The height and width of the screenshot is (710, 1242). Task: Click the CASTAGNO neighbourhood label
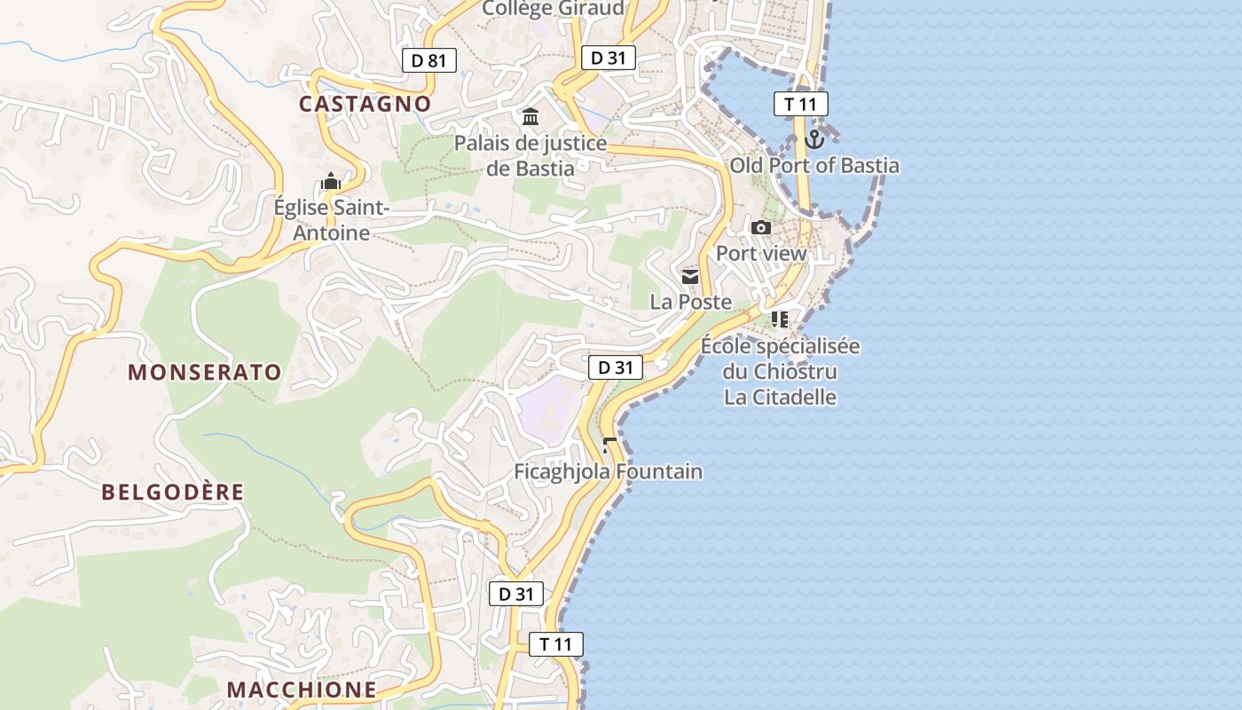click(365, 104)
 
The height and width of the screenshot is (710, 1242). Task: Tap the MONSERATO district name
click(205, 372)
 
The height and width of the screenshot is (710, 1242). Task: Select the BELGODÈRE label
click(172, 492)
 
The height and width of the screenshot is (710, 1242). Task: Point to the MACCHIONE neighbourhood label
click(301, 690)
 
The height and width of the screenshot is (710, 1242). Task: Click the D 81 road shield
click(429, 60)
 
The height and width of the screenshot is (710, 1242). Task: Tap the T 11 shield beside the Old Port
click(800, 104)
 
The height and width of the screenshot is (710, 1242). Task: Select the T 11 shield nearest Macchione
click(556, 644)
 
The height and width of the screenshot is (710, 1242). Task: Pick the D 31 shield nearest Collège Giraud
click(609, 58)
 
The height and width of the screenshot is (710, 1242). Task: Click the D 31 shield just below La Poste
click(616, 367)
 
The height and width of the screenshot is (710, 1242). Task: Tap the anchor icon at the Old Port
click(814, 139)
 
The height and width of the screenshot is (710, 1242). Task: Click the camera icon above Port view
click(761, 228)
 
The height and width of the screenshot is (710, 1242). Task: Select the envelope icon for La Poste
click(690, 277)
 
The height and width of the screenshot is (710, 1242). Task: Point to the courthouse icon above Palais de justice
click(531, 117)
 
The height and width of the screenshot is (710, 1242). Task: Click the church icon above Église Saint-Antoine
click(331, 182)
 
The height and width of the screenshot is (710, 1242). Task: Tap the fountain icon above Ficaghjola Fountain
click(609, 446)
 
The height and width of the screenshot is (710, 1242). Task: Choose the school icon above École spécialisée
click(780, 319)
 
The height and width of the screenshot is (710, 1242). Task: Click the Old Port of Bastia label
click(814, 166)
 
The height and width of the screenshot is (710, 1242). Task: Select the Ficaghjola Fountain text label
click(609, 471)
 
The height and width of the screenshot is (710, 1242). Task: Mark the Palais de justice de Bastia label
click(531, 155)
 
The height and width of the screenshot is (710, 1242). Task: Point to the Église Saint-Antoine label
click(331, 220)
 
